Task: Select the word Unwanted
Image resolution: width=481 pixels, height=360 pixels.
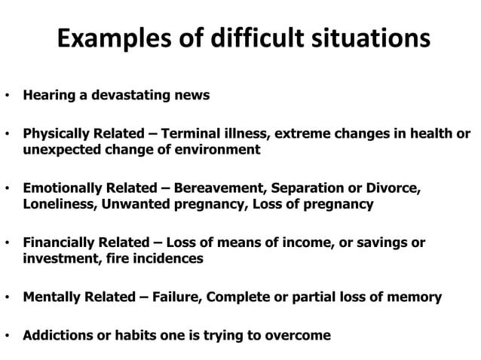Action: click(x=132, y=203)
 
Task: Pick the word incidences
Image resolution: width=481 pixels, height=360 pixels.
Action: click(x=173, y=258)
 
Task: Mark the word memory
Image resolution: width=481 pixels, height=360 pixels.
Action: click(x=416, y=297)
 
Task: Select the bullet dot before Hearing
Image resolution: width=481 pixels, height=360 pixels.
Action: click(x=7, y=96)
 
